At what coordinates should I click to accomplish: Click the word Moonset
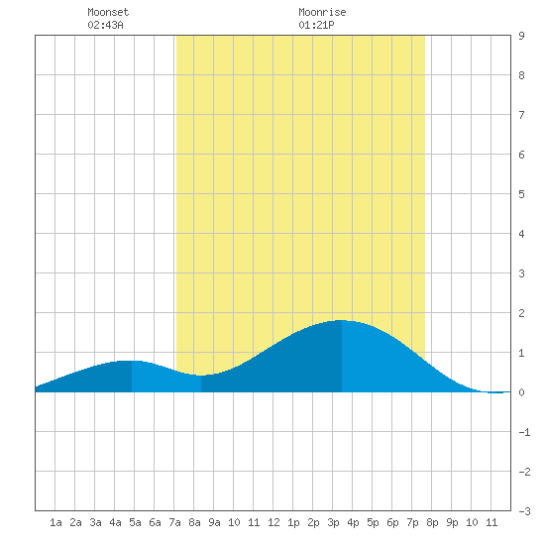coord(108,12)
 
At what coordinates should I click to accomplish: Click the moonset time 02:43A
coord(105,25)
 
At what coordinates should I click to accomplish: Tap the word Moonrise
coord(322,12)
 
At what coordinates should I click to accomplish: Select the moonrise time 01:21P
coord(316,25)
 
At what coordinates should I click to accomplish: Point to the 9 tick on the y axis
coord(521,36)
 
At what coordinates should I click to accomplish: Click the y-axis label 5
coord(521,194)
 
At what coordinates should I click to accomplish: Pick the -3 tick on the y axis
coord(524,511)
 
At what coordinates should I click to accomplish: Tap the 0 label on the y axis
coord(521,392)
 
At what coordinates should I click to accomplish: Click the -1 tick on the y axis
coord(524,432)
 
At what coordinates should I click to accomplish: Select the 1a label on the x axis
coord(55,522)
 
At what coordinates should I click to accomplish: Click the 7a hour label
coord(174,522)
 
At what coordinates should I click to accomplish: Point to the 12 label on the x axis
coord(273,522)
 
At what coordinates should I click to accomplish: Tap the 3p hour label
coord(333,522)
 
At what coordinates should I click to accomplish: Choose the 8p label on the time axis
coord(432,522)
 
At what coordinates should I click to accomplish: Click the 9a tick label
coord(214,522)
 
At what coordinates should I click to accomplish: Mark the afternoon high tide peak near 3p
coord(341,320)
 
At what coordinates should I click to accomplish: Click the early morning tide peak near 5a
coord(132,361)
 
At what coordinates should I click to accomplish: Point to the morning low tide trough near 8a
coord(201,376)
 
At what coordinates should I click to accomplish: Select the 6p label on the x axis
coord(392,522)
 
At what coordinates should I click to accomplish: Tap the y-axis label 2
coord(521,313)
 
